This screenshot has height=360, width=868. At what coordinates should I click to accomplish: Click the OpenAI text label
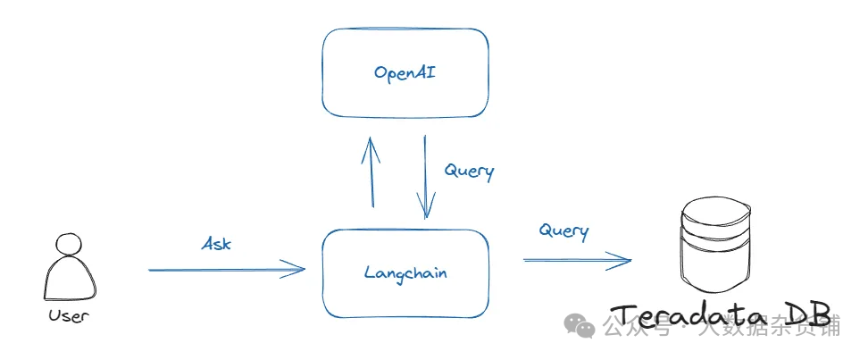click(x=405, y=73)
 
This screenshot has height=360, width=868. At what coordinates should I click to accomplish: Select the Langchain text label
click(x=405, y=272)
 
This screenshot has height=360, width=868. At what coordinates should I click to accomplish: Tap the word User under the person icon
click(x=69, y=315)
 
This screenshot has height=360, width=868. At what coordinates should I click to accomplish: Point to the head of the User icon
click(x=68, y=244)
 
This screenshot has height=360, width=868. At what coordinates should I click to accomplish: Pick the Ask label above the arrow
click(x=216, y=243)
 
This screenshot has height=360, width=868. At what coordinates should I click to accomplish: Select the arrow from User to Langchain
click(x=223, y=268)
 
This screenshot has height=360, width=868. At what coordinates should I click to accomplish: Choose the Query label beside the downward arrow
click(x=469, y=171)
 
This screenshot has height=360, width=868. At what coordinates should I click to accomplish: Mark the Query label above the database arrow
click(x=563, y=230)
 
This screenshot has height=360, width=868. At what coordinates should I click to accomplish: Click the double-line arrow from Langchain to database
click(x=576, y=260)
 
